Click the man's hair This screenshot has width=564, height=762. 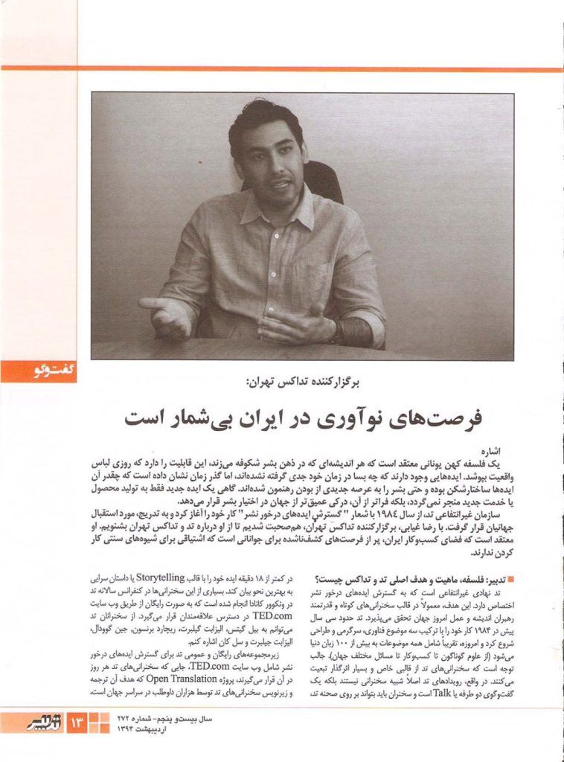264,119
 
